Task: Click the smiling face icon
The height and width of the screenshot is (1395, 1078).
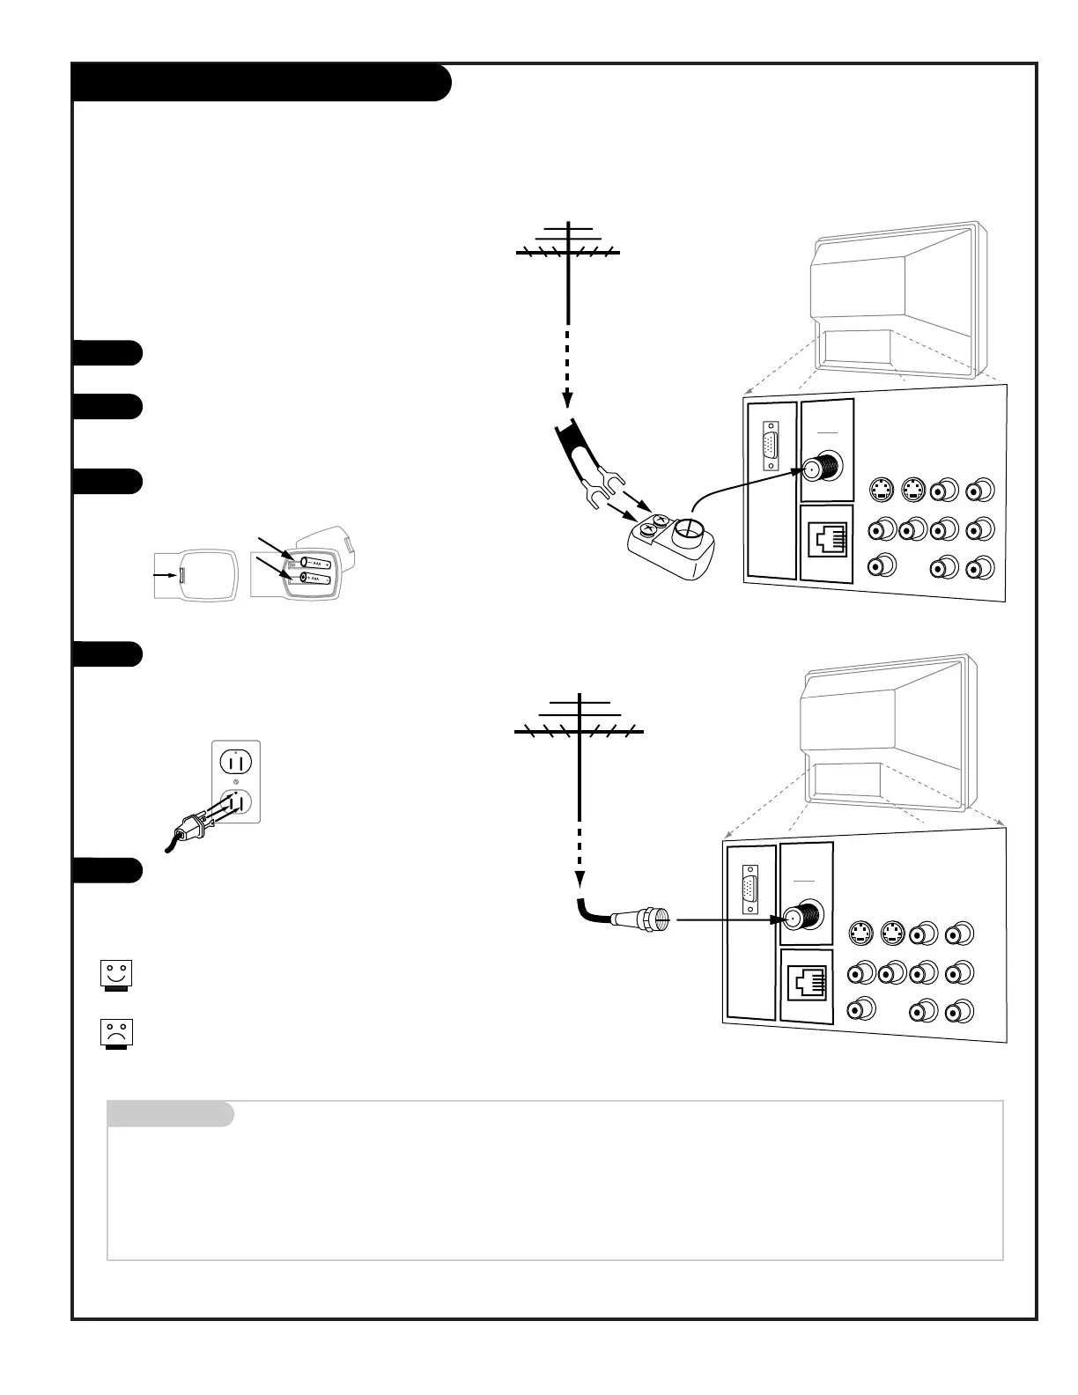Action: coord(115,975)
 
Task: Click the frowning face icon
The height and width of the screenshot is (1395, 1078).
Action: coord(115,1033)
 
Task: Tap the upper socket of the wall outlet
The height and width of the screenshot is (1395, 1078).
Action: coord(236,760)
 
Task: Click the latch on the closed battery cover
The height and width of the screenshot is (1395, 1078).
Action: coord(181,575)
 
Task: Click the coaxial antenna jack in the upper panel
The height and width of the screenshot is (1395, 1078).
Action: coord(820,470)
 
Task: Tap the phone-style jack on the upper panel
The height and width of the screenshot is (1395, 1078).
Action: coord(828,540)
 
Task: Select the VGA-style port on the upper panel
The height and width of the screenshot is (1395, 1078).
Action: coord(772,448)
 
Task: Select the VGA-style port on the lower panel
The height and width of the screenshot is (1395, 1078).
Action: coord(750,890)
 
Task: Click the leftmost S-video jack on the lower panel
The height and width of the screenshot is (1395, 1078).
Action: coord(860,934)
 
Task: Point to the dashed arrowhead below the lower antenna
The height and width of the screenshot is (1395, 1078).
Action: coord(580,879)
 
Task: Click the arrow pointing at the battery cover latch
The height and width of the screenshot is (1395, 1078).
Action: coord(163,575)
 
